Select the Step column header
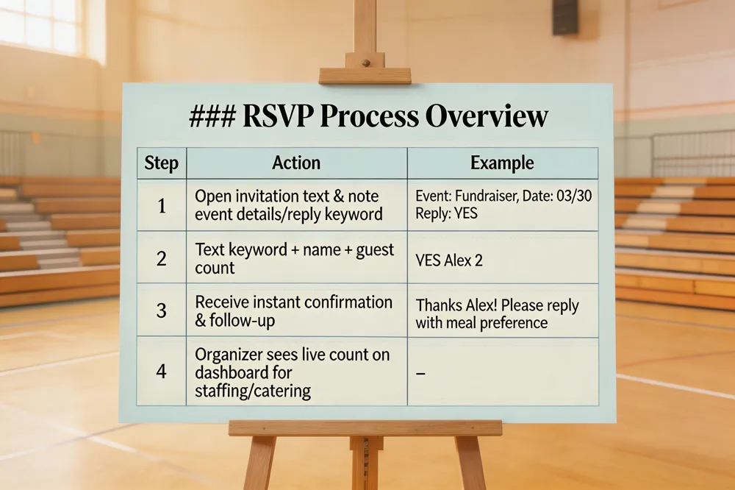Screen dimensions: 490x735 [x=161, y=163]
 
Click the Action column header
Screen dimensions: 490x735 [x=296, y=163]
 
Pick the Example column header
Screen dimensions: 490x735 [x=502, y=163]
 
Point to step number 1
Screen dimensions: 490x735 [x=161, y=205]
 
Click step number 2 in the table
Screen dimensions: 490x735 [x=161, y=258]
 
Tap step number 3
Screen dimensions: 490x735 [x=161, y=310]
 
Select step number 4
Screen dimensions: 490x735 [x=161, y=371]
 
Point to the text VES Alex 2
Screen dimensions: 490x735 [x=449, y=261]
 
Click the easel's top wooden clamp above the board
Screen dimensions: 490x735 [x=365, y=75]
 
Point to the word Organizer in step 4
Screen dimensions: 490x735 [x=229, y=355]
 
